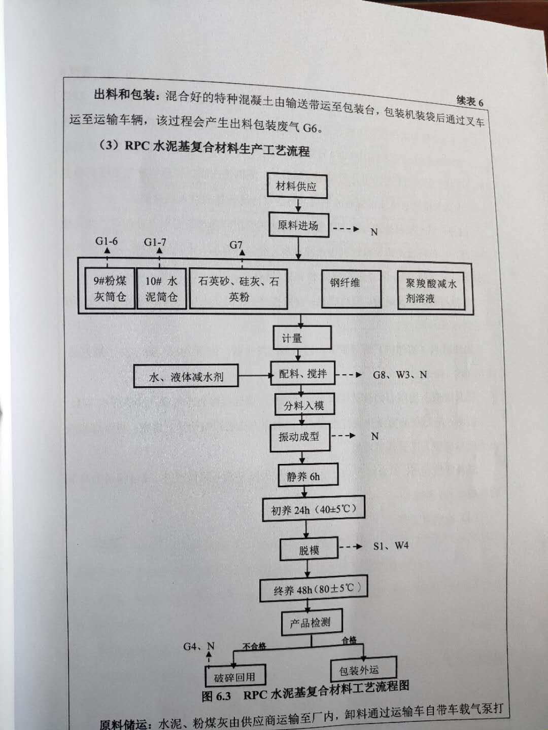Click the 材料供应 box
click(x=297, y=186)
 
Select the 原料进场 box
click(x=298, y=225)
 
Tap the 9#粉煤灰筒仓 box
click(x=110, y=288)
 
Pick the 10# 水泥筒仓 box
click(x=161, y=288)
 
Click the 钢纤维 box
click(x=351, y=288)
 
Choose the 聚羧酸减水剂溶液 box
click(x=431, y=290)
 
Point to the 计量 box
click(x=302, y=338)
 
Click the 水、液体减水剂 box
click(x=186, y=376)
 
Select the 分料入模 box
click(x=304, y=405)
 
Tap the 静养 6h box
click(x=308, y=475)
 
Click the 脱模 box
click(x=309, y=548)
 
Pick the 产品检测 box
click(x=312, y=622)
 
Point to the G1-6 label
click(x=107, y=241)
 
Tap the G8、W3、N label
click(x=400, y=375)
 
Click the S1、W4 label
click(x=391, y=546)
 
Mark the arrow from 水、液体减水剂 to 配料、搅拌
click(x=255, y=376)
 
